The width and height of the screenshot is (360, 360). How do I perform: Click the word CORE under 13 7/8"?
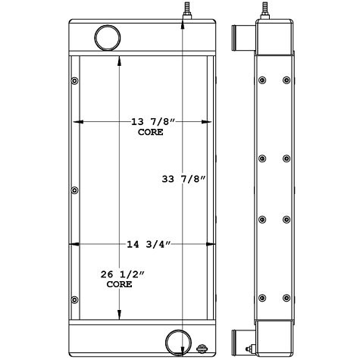(151, 132)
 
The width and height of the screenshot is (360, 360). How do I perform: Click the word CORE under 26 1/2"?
(119, 285)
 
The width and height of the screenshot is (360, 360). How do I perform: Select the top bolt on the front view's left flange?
(74, 80)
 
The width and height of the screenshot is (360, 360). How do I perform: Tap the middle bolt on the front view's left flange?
(74, 190)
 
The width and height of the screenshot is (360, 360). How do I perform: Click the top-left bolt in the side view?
(261, 80)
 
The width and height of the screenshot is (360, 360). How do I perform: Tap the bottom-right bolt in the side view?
(286, 296)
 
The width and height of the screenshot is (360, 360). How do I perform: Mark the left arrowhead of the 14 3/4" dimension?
(74, 243)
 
